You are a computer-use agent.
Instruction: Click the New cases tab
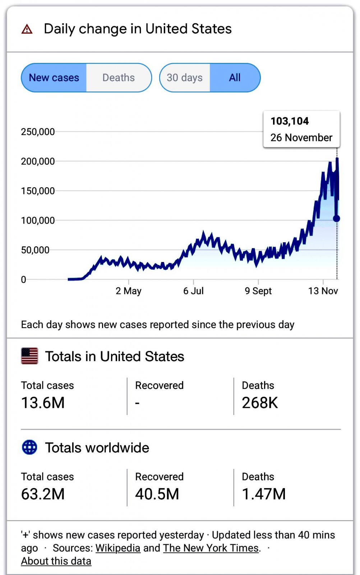click(x=54, y=78)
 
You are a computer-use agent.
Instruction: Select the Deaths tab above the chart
click(x=119, y=78)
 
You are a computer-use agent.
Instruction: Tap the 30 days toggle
click(x=185, y=78)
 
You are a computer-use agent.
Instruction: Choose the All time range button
click(x=235, y=78)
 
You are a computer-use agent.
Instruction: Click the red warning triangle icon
click(x=27, y=29)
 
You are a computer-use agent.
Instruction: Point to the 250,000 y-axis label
click(x=38, y=132)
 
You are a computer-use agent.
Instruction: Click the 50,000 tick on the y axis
click(x=35, y=250)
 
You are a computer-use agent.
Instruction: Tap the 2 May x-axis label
click(x=128, y=291)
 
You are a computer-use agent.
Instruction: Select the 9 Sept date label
click(x=258, y=291)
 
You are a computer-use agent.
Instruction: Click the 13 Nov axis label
click(x=323, y=291)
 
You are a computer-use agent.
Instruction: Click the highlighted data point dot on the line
click(x=337, y=218)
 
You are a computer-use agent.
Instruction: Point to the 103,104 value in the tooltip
click(x=290, y=121)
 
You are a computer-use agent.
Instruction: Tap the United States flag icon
click(x=29, y=356)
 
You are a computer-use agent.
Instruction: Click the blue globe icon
click(x=29, y=447)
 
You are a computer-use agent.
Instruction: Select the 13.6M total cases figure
click(x=43, y=403)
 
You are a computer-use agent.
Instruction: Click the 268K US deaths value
click(x=260, y=403)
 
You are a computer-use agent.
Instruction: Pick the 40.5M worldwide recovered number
click(x=157, y=494)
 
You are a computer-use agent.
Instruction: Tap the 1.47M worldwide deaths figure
click(x=264, y=494)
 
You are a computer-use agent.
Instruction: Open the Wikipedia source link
click(x=118, y=548)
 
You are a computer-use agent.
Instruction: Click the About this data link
click(x=56, y=561)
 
